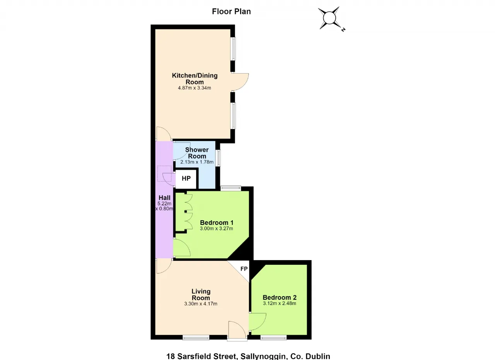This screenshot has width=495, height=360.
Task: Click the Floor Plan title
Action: pyautogui.click(x=231, y=12)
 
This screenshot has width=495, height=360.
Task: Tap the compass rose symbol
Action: pyautogui.click(x=329, y=18)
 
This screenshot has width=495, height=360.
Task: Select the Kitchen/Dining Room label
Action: pyautogui.click(x=195, y=79)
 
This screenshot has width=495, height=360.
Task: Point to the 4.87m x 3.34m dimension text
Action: pyautogui.click(x=195, y=88)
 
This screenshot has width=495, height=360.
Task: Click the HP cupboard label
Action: pyautogui.click(x=186, y=178)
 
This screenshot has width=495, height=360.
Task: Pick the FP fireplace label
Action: pyautogui.click(x=244, y=269)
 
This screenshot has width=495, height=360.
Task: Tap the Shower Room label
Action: pyautogui.click(x=197, y=153)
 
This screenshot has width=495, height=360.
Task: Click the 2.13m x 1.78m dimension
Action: pyautogui.click(x=197, y=162)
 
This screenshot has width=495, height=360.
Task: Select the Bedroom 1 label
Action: pyautogui.click(x=217, y=223)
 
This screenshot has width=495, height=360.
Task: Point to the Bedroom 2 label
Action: pyautogui.click(x=280, y=297)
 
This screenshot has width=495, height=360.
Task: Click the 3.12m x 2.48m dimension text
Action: pyautogui.click(x=280, y=303)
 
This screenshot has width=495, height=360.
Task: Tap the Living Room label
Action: pyautogui.click(x=201, y=295)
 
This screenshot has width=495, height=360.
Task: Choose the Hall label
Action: pyautogui.click(x=164, y=198)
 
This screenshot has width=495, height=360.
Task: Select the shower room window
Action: pyautogui.click(x=218, y=158)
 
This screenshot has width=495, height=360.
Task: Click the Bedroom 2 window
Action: pyautogui.click(x=273, y=338)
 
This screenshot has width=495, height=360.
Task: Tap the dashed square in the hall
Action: pyautogui.click(x=164, y=173)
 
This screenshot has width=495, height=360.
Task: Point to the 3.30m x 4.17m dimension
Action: pyautogui.click(x=201, y=304)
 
